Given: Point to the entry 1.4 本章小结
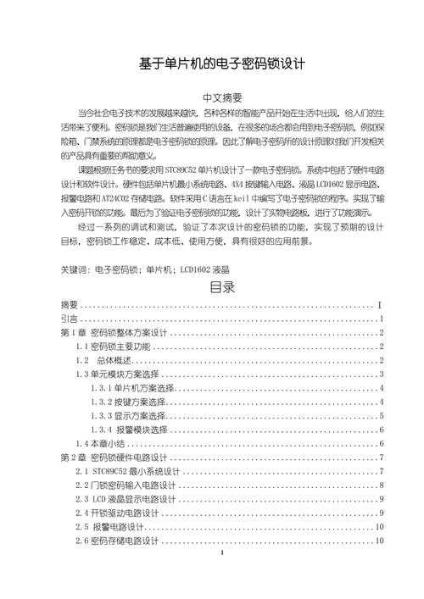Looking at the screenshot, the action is pyautogui.click(x=100, y=443).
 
